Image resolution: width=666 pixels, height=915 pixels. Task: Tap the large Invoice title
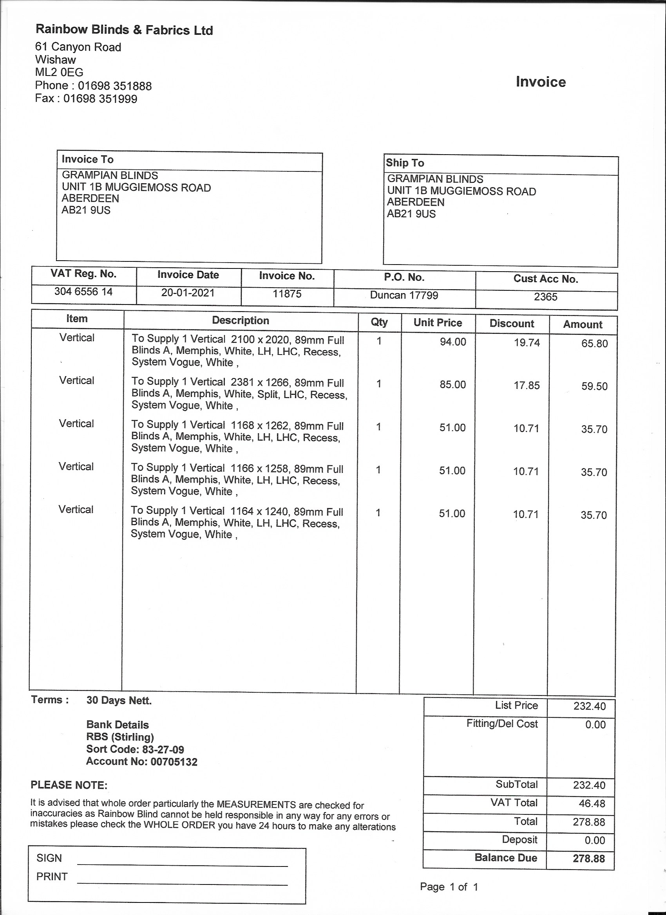pos(540,82)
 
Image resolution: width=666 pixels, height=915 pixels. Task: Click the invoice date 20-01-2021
pos(188,292)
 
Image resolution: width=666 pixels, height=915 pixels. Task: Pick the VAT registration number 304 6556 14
pos(83,291)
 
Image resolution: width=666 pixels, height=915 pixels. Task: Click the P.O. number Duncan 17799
pos(404,295)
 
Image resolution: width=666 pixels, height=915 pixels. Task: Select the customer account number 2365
pos(545,297)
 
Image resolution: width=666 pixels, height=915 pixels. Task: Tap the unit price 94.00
pos(453,342)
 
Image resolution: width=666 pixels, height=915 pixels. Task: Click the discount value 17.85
pos(526,385)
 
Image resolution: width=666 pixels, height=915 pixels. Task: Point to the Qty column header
pos(379,322)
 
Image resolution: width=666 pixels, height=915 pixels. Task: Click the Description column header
pos(240,321)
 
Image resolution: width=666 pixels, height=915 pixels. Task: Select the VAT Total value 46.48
pos(592,803)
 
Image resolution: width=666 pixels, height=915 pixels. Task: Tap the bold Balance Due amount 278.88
pos(588,858)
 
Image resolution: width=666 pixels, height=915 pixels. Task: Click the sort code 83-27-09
pos(163,749)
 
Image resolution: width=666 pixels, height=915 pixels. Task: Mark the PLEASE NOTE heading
pos(69,785)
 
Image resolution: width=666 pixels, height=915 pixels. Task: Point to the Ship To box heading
pos(405,163)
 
